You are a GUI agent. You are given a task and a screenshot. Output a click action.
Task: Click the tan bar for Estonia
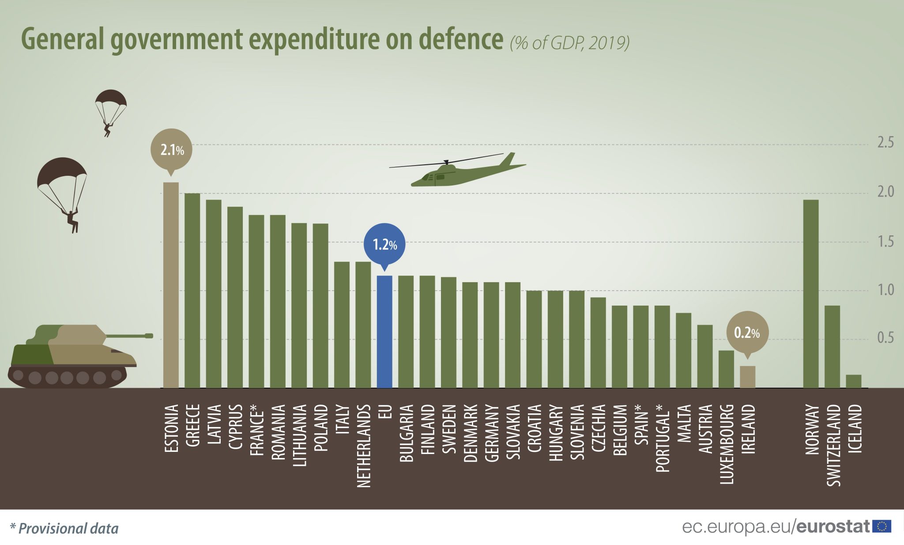(x=171, y=285)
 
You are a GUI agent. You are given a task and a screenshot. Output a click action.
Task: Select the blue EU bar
(x=384, y=332)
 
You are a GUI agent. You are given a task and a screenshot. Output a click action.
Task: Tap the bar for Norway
(x=810, y=294)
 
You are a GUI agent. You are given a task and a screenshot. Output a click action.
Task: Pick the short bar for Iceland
(x=853, y=381)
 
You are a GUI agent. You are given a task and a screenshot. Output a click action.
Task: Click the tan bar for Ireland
(x=747, y=377)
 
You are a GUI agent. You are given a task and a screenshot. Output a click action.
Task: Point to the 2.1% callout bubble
(x=171, y=150)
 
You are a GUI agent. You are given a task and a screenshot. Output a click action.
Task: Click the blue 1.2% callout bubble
(x=384, y=244)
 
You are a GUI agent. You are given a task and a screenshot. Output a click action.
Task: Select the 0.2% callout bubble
(x=747, y=333)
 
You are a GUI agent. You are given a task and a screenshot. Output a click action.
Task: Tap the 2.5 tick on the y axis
(x=885, y=143)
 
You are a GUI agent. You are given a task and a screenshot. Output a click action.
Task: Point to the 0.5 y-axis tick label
(x=885, y=338)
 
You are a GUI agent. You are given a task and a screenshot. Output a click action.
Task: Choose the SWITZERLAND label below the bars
(x=833, y=445)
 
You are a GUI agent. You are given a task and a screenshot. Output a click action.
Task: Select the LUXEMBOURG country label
(x=726, y=444)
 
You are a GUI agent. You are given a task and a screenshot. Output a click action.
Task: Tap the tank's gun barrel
(x=130, y=336)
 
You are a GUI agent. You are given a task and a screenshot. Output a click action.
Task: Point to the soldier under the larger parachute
(x=72, y=220)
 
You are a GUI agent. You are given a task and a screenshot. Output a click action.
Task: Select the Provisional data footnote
(x=64, y=529)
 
